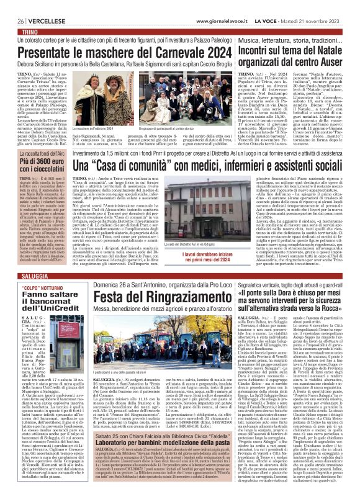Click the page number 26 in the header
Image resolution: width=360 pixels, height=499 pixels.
tap(12, 21)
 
